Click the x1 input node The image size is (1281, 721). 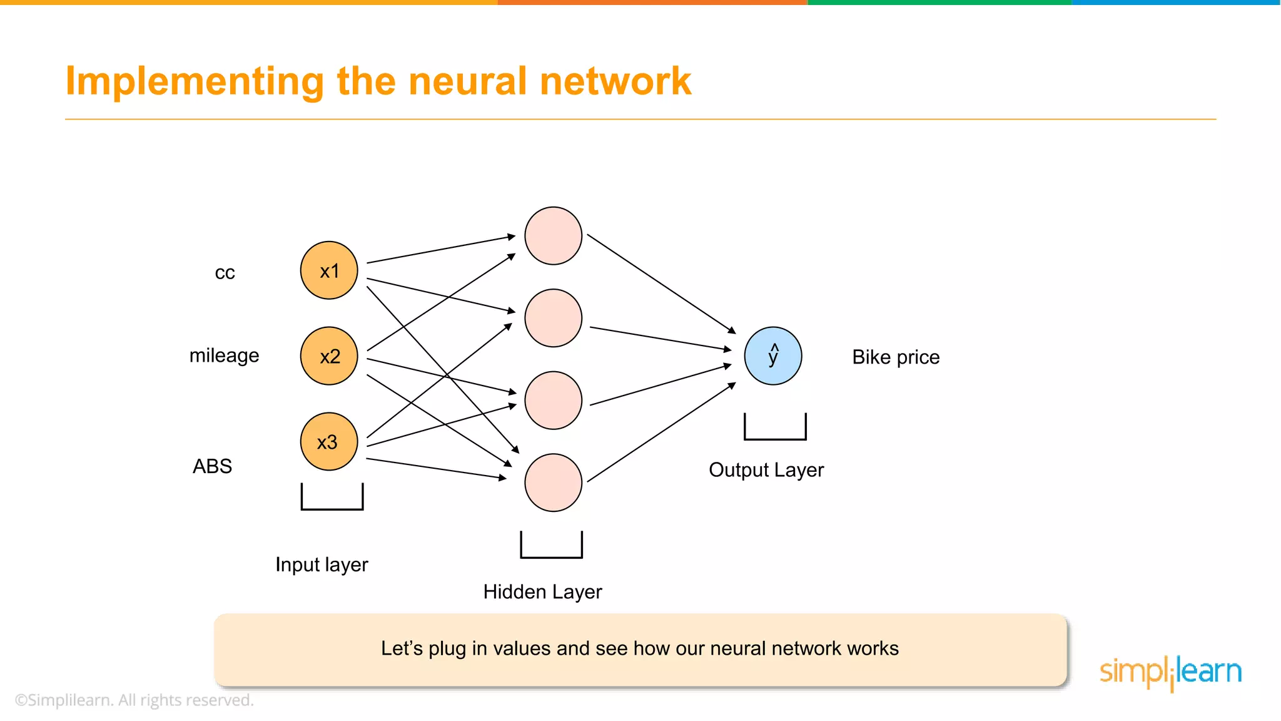(x=329, y=270)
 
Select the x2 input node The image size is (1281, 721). (x=329, y=355)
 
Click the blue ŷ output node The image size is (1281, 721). (x=773, y=355)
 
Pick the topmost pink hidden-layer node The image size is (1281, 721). (x=553, y=236)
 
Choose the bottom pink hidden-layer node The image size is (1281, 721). (x=553, y=483)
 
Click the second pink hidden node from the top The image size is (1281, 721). (x=553, y=318)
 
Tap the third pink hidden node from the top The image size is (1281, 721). (x=553, y=401)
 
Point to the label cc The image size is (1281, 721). (x=225, y=273)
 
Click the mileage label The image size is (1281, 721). (x=224, y=355)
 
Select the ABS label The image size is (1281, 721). (x=212, y=466)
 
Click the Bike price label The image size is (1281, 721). (x=896, y=357)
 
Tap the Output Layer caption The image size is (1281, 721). (x=766, y=470)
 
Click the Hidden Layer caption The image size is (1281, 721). (x=542, y=592)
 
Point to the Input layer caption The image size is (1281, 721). (x=322, y=565)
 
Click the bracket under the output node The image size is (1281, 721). (x=775, y=437)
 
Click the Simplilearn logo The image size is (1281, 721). (x=1170, y=672)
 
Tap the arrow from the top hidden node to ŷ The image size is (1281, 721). (x=661, y=283)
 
